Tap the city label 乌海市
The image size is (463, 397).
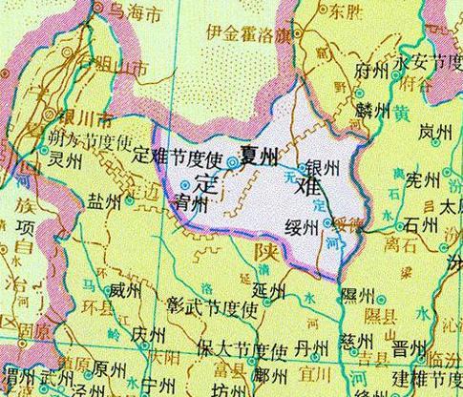coord(132,12)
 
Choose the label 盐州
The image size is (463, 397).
coord(105,202)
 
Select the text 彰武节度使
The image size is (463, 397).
coord(213,310)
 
